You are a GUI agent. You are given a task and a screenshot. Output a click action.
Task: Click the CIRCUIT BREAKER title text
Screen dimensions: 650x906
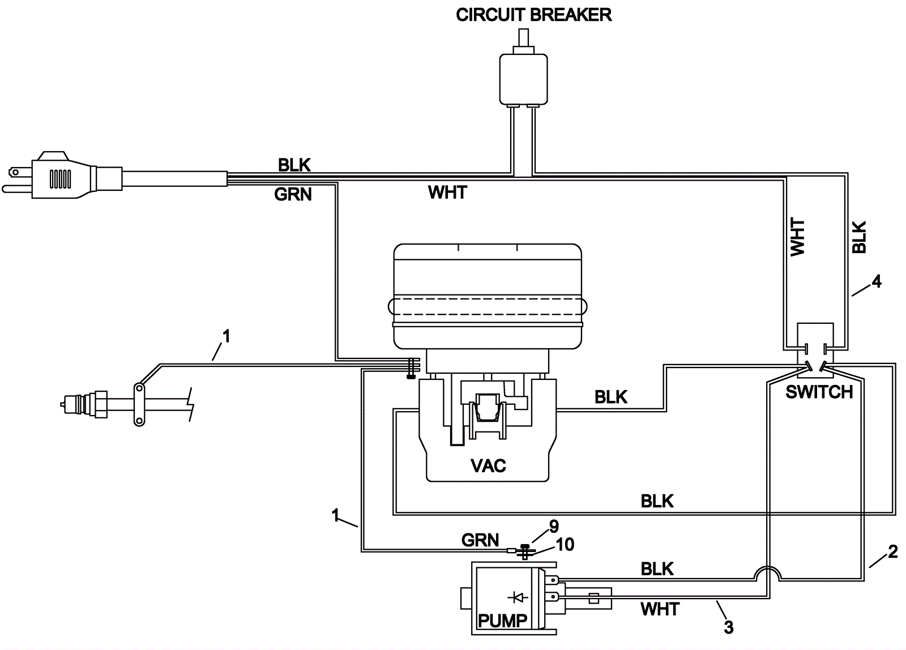(x=534, y=15)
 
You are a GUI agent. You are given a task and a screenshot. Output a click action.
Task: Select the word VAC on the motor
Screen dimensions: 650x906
(x=488, y=465)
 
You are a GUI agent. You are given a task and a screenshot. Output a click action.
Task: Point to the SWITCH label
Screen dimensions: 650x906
(x=819, y=392)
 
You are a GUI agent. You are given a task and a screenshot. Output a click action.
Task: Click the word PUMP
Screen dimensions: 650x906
(x=502, y=621)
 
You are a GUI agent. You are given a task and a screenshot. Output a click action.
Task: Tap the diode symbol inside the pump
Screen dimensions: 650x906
(x=516, y=597)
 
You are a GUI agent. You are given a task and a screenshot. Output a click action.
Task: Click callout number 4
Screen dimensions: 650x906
(x=876, y=281)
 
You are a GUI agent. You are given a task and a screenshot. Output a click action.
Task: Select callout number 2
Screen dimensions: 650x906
(x=892, y=551)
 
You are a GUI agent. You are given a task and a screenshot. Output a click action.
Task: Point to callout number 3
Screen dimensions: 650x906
(x=728, y=627)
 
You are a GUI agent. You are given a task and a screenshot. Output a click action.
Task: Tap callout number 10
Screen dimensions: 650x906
(x=565, y=545)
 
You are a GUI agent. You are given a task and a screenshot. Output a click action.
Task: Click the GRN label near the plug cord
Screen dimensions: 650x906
(x=293, y=194)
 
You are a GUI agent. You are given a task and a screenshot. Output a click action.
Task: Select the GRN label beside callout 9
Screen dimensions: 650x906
(x=480, y=540)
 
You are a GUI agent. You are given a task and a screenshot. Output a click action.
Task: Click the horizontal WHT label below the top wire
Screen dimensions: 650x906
(x=447, y=193)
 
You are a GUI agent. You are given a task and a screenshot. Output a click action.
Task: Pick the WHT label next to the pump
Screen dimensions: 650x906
(x=660, y=609)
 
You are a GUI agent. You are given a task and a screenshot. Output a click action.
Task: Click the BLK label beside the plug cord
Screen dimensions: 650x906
(x=294, y=165)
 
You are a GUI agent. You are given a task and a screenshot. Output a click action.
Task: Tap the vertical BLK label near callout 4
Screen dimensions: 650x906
(x=859, y=237)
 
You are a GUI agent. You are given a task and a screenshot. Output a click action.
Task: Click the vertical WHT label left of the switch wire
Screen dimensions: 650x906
(x=797, y=237)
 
